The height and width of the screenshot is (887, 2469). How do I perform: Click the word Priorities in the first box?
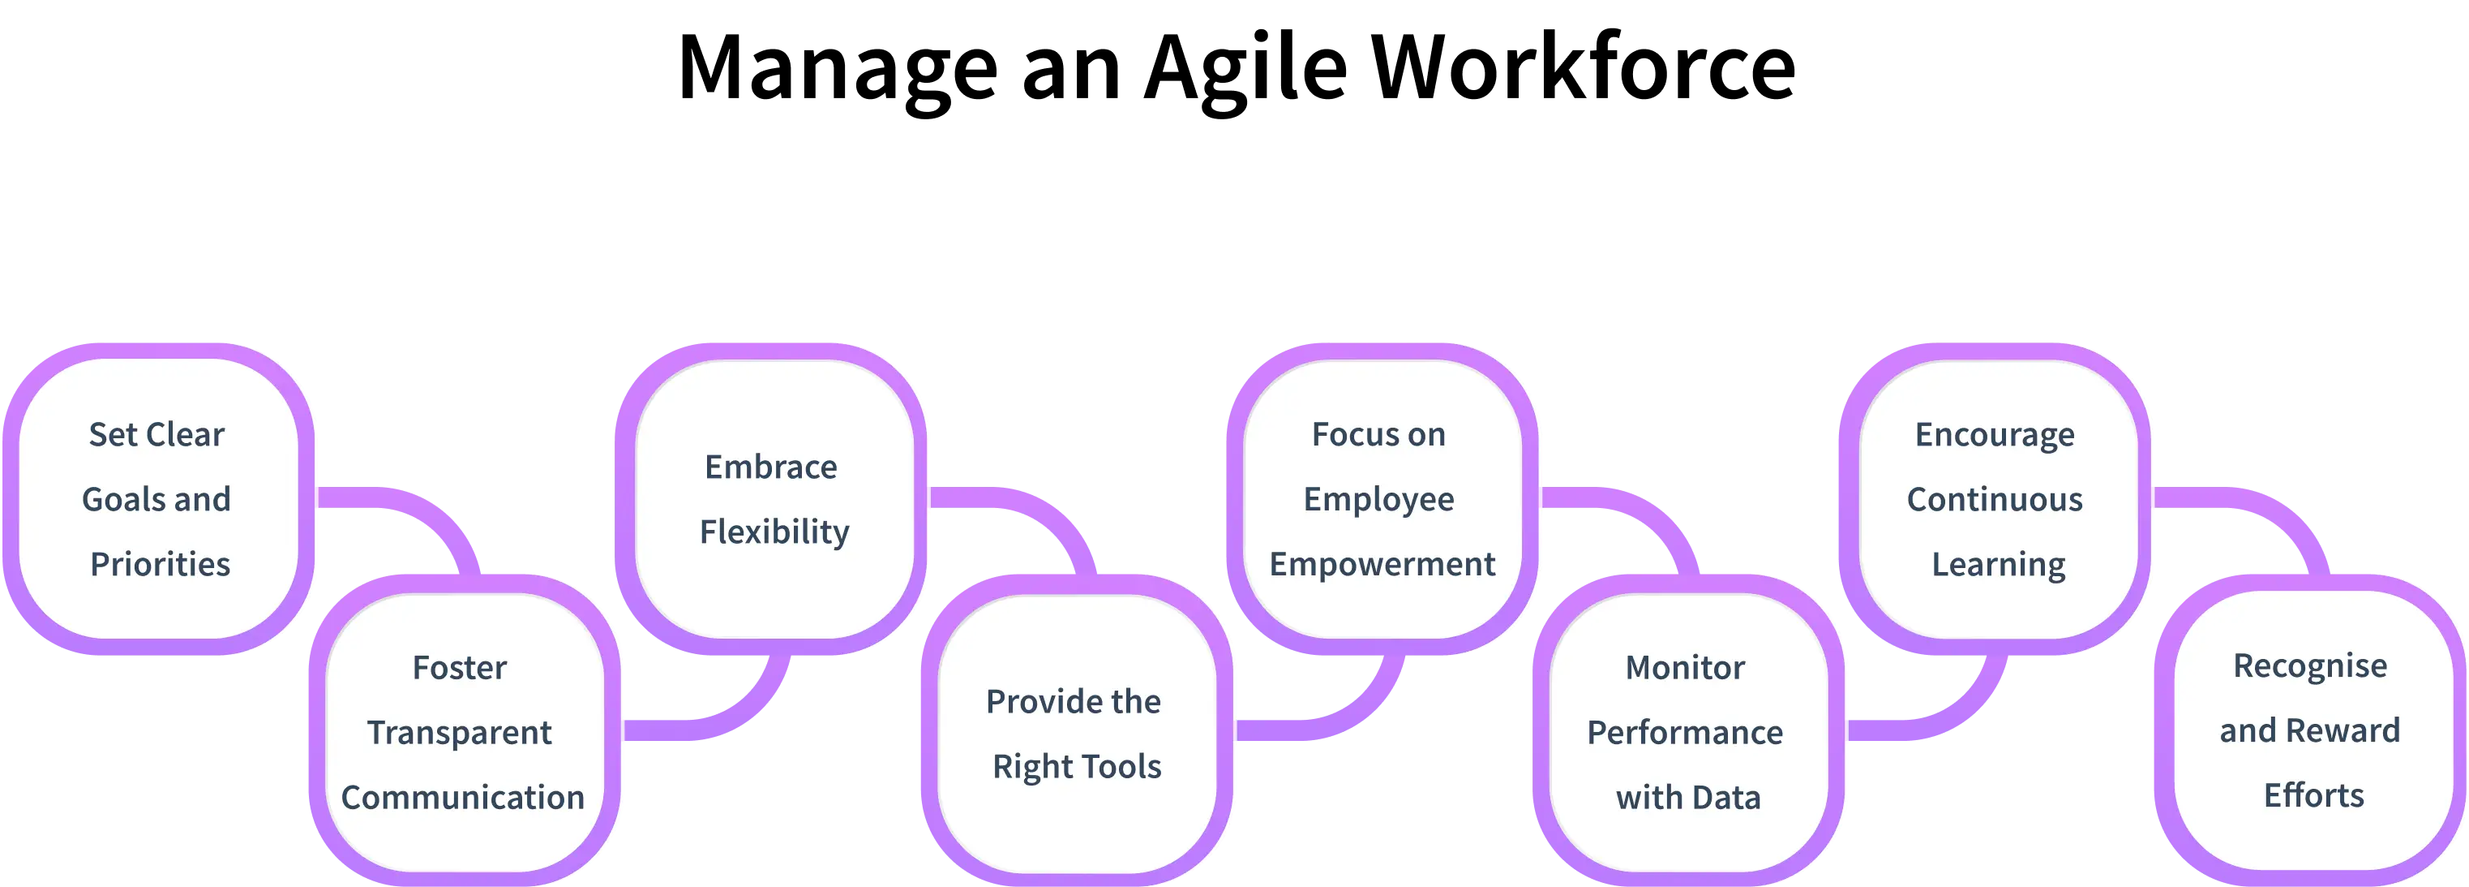point(160,564)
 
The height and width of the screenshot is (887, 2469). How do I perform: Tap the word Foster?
point(459,667)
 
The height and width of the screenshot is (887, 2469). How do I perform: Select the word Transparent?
point(459,733)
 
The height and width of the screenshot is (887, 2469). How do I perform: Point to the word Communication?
point(462,797)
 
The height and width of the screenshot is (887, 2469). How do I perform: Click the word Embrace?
point(770,467)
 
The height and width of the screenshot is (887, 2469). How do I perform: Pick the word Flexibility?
point(774,532)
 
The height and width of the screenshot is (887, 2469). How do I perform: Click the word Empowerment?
point(1382,564)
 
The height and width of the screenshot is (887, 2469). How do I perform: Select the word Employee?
point(1378,500)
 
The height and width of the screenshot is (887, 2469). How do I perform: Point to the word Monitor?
point(1685,667)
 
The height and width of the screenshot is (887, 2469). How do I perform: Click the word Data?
point(1725,797)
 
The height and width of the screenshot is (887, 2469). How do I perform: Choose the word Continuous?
point(1995,500)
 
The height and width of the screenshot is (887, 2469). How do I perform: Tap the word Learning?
point(1999,565)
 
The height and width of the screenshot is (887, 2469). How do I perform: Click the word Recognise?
point(2310,665)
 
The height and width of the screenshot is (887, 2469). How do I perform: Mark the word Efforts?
point(2314,795)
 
